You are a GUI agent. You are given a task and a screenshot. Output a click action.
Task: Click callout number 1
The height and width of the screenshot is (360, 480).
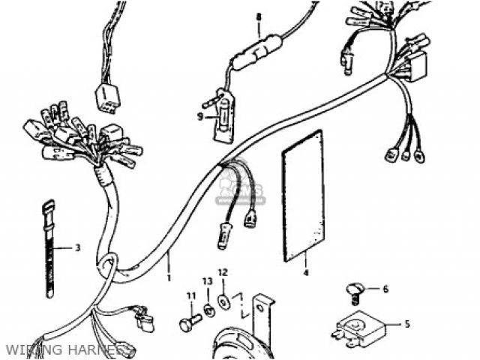point(169,277)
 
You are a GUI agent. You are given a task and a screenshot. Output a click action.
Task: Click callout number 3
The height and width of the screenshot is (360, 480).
point(78,247)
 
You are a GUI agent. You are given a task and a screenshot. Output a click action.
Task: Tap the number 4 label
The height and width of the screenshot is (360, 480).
point(306,273)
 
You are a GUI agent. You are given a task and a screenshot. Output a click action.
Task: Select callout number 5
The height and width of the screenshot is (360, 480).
point(407,325)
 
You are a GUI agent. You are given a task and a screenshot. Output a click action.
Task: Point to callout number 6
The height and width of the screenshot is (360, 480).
point(385,289)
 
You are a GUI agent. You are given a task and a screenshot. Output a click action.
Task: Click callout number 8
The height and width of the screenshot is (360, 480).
point(259,16)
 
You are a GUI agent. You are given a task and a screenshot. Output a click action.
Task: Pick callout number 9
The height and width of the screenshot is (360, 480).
point(200,116)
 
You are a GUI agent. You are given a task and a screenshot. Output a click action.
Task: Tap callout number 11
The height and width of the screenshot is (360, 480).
point(190,295)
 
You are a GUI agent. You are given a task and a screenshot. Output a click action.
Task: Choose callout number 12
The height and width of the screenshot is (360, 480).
point(222,272)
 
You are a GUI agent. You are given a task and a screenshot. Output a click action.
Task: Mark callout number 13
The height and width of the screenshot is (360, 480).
point(207,282)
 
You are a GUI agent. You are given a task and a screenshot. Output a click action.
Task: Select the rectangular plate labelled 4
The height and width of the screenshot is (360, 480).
point(303,196)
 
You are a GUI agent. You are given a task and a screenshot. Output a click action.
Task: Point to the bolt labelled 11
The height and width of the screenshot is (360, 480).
point(190,324)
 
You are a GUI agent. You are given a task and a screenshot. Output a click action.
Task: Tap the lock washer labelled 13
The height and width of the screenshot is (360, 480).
point(208,309)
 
